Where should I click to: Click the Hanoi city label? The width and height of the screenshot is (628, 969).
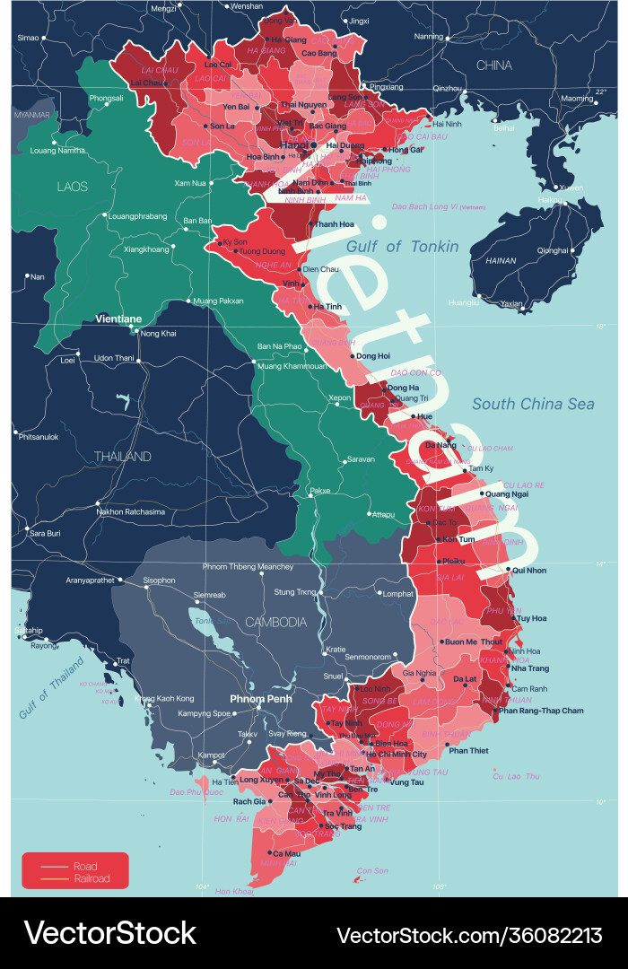[292, 144]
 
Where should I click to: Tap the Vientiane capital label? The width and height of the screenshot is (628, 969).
[118, 319]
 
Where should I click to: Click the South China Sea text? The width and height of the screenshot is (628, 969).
[533, 404]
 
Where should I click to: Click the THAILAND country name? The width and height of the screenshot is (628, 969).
[123, 457]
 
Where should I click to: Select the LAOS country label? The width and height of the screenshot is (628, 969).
[72, 187]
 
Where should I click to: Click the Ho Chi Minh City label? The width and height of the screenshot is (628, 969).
[397, 755]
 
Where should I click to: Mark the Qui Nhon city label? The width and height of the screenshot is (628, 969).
[528, 570]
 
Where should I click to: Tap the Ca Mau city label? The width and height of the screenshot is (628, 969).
[284, 853]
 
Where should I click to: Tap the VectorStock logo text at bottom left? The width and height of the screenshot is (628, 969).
[109, 934]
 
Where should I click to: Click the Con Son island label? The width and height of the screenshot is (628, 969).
[372, 870]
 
